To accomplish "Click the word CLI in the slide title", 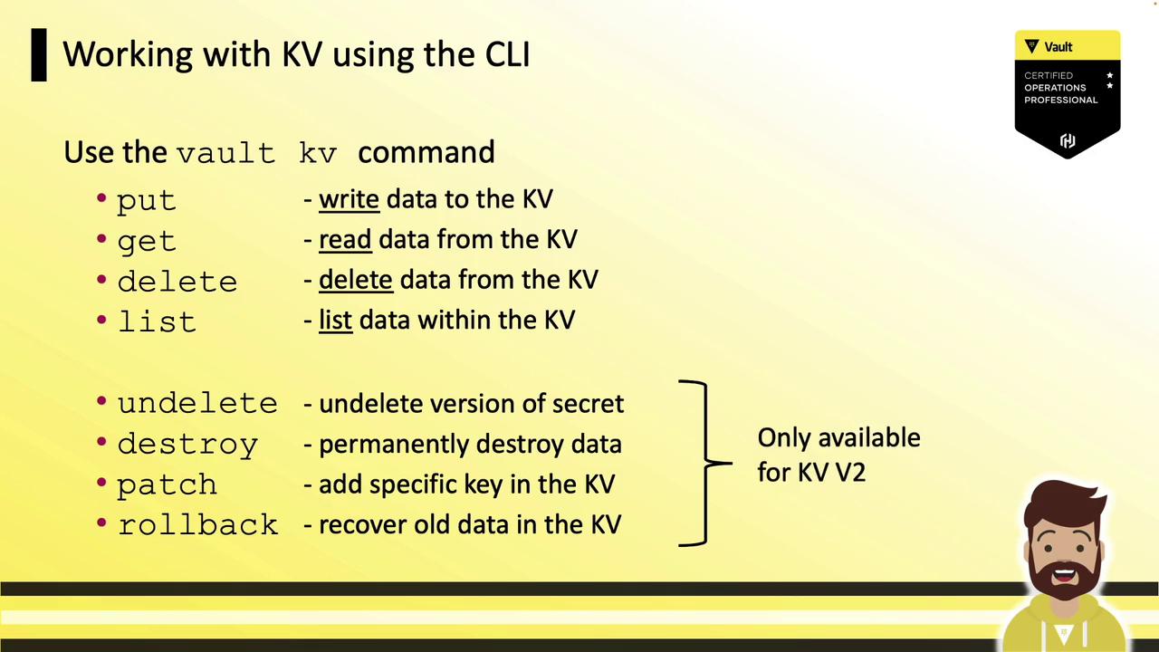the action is pos(508,53).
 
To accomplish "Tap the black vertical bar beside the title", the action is pos(39,55).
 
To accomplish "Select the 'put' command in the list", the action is pos(147,201).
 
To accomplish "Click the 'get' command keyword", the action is pos(147,241).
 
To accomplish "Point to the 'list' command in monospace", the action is pos(158,321).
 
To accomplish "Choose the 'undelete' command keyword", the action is pos(197,403).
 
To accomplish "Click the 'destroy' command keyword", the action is pos(187,445).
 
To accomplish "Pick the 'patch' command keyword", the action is pos(167,484).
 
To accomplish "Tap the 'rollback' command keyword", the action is pos(198,524).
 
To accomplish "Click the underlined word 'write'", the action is pos(349,199).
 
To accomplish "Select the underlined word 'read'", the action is pos(345,239).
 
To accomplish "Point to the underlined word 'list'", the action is pos(335,320).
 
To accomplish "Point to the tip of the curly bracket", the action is pos(732,463).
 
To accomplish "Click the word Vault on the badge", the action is pos(1058,47).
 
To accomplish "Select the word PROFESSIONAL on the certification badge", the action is pos(1060,100).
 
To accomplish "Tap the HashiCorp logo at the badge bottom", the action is pos(1068,140).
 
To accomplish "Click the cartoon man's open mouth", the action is pos(1064,574).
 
